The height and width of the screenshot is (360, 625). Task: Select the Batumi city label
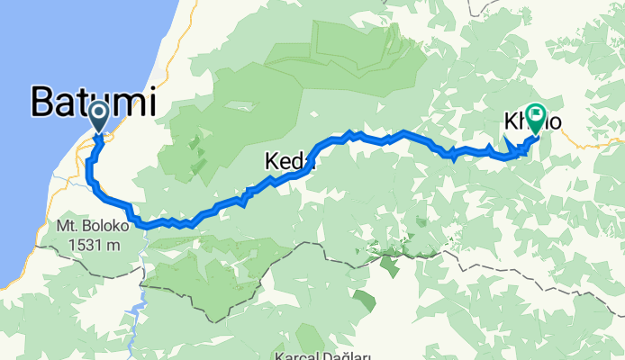click(x=93, y=101)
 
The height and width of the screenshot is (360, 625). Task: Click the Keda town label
click(x=288, y=162)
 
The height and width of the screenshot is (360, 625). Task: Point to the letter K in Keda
click(x=272, y=162)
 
